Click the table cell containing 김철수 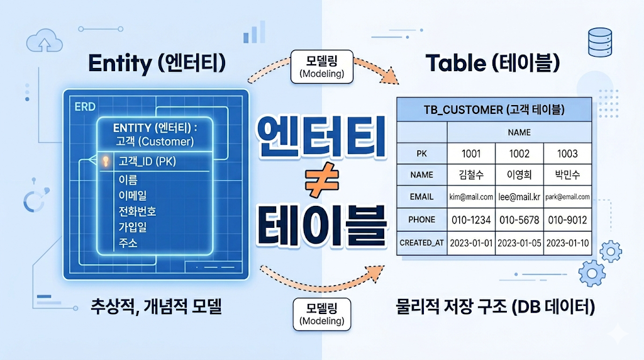coord(471,175)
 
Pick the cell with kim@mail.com coord(471,196)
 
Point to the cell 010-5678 coord(519,220)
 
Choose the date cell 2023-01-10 coord(568,243)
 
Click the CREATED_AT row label coord(422,243)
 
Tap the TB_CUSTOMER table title coord(494,110)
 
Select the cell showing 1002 coord(519,154)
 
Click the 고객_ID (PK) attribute coord(147,161)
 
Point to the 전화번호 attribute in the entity coord(137,211)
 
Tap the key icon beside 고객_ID coord(106,161)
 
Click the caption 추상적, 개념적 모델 coord(156,308)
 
